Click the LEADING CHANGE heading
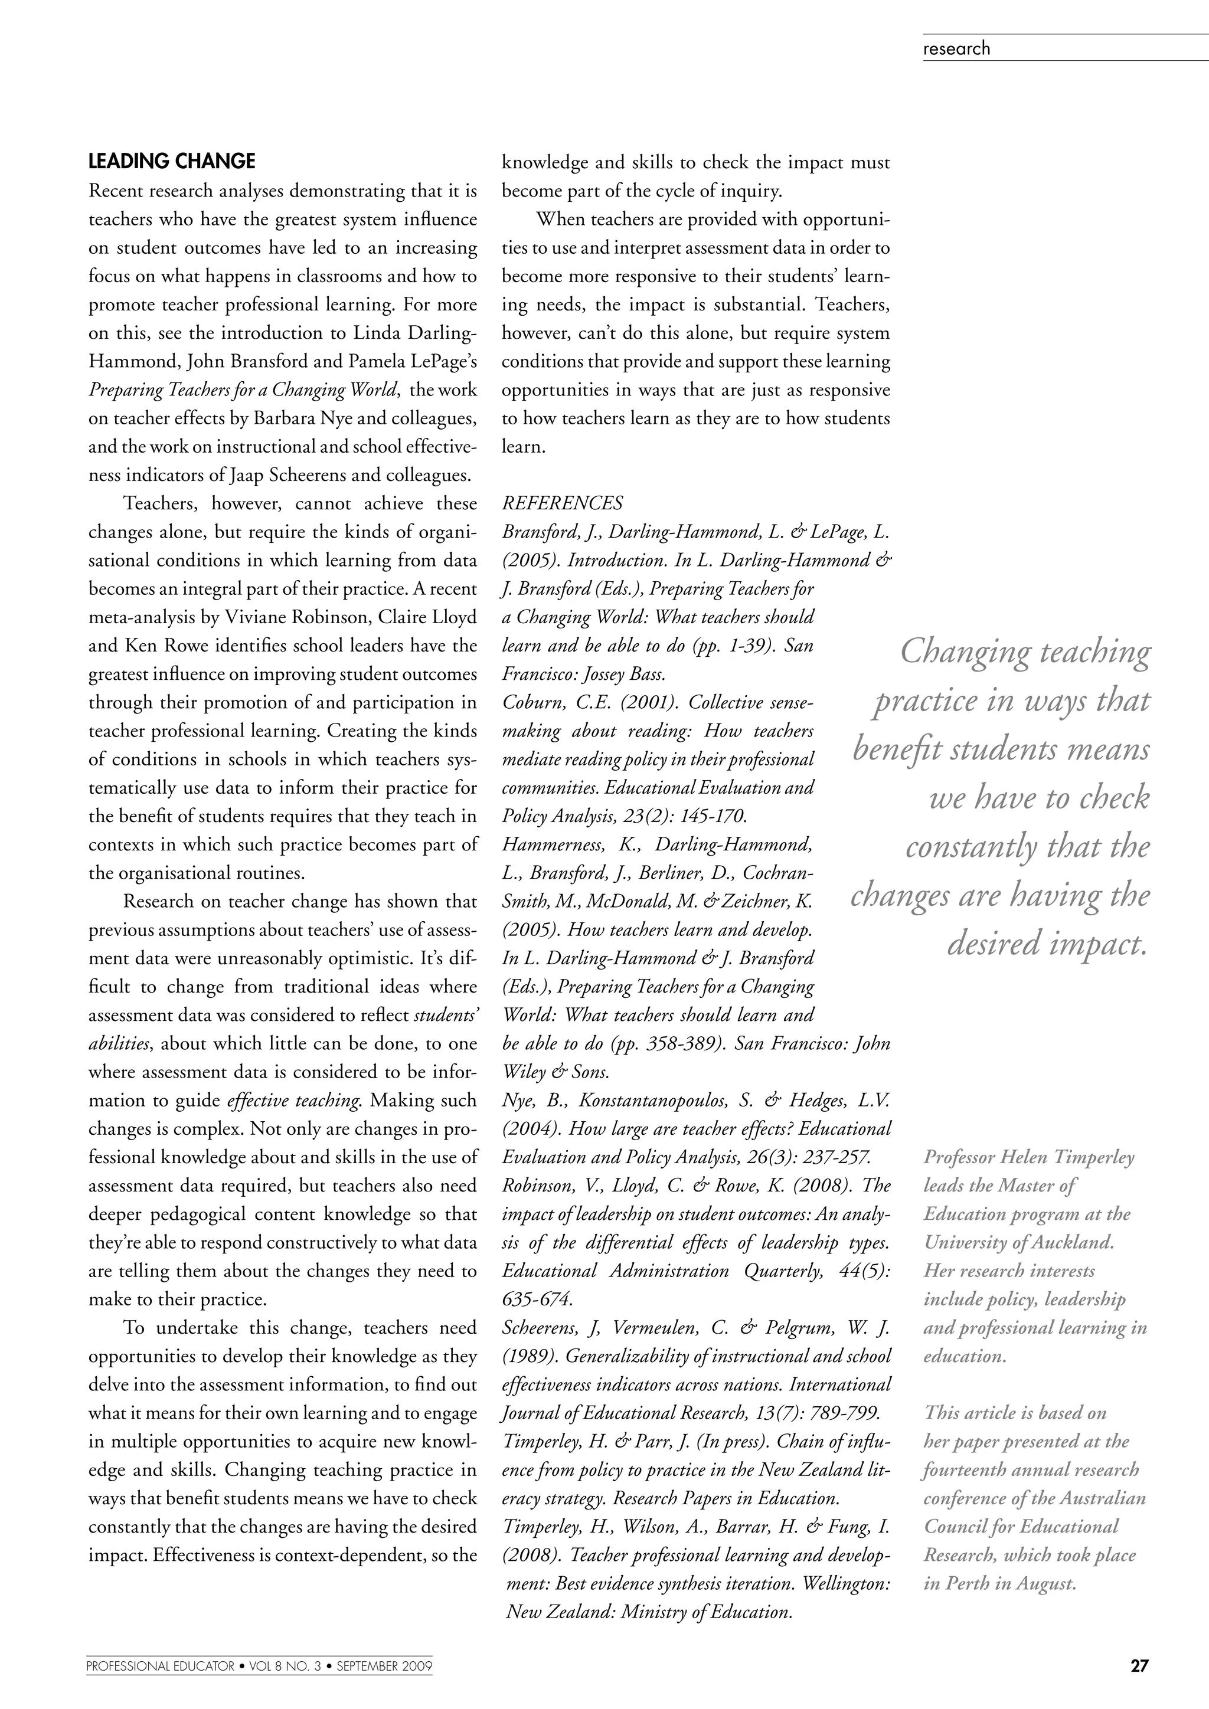171,162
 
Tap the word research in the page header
956,48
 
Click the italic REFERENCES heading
562,503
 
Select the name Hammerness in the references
547,845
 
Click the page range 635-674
537,1299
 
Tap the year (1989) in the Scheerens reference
528,1356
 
